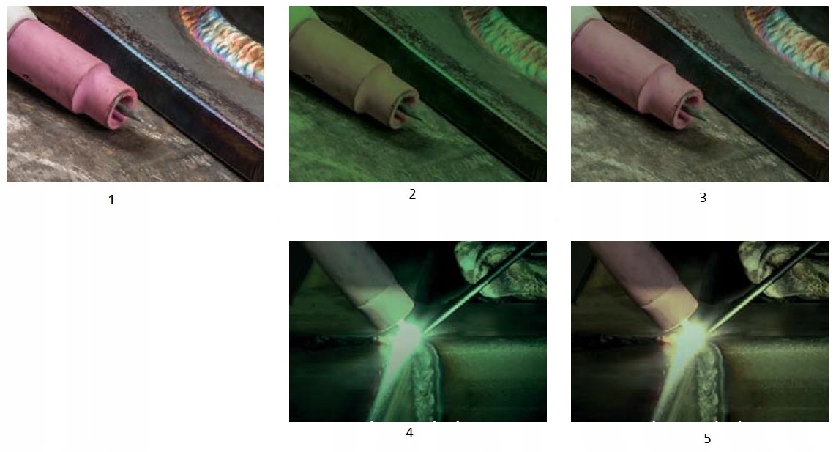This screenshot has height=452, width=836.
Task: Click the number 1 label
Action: [111, 200]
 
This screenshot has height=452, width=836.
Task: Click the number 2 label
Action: [412, 194]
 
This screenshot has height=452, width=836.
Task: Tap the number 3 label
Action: [703, 198]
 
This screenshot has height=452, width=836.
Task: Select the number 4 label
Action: [409, 433]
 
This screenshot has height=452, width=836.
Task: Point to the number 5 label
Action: [707, 439]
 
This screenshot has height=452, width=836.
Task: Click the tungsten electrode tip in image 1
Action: [143, 122]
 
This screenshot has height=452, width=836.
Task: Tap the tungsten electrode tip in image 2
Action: [425, 122]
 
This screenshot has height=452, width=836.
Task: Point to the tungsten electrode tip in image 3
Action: [707, 122]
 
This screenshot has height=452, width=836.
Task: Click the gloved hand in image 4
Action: [504, 267]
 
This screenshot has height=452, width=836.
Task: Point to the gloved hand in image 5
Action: [786, 267]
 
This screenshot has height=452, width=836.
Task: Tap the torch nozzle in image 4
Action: [358, 286]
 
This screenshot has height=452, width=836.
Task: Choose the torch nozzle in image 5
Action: [641, 286]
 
